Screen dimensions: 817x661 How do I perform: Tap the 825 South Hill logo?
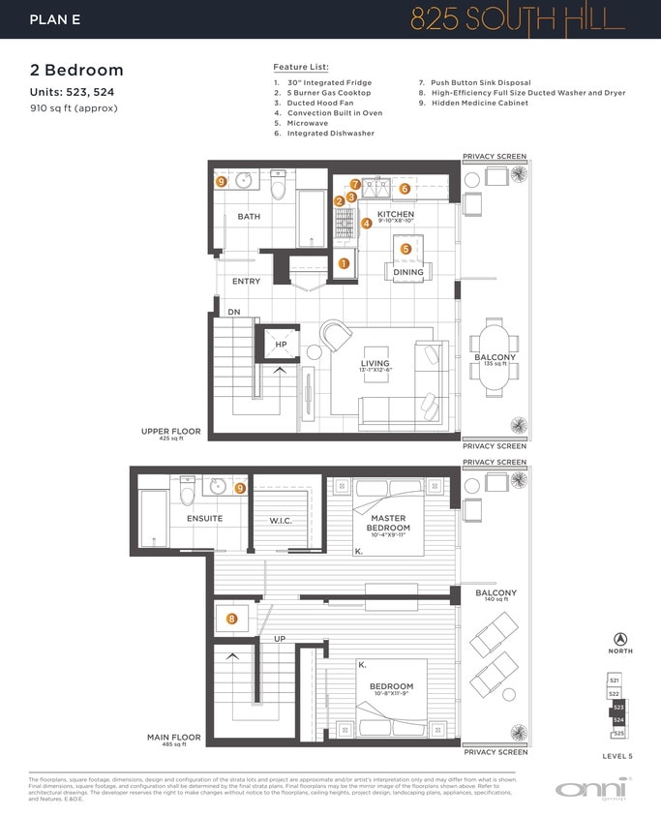[x=518, y=19]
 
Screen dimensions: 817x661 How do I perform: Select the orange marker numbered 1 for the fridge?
[x=343, y=262]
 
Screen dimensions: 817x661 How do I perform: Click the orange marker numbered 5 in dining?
[x=406, y=249]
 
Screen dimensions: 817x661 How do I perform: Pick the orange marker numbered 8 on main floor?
[x=231, y=619]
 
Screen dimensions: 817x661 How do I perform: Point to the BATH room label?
[x=249, y=217]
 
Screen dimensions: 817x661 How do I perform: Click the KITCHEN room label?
[x=395, y=214]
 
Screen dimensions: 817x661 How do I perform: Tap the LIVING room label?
[x=375, y=363]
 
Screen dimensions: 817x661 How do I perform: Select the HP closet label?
[x=281, y=344]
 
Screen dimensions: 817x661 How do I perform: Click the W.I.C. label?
[x=281, y=521]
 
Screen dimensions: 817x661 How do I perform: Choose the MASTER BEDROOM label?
[x=390, y=523]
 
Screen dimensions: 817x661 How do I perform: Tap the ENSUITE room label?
[x=204, y=518]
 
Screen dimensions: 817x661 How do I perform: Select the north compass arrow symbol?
[x=620, y=639]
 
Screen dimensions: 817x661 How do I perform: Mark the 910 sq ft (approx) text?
[x=74, y=108]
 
